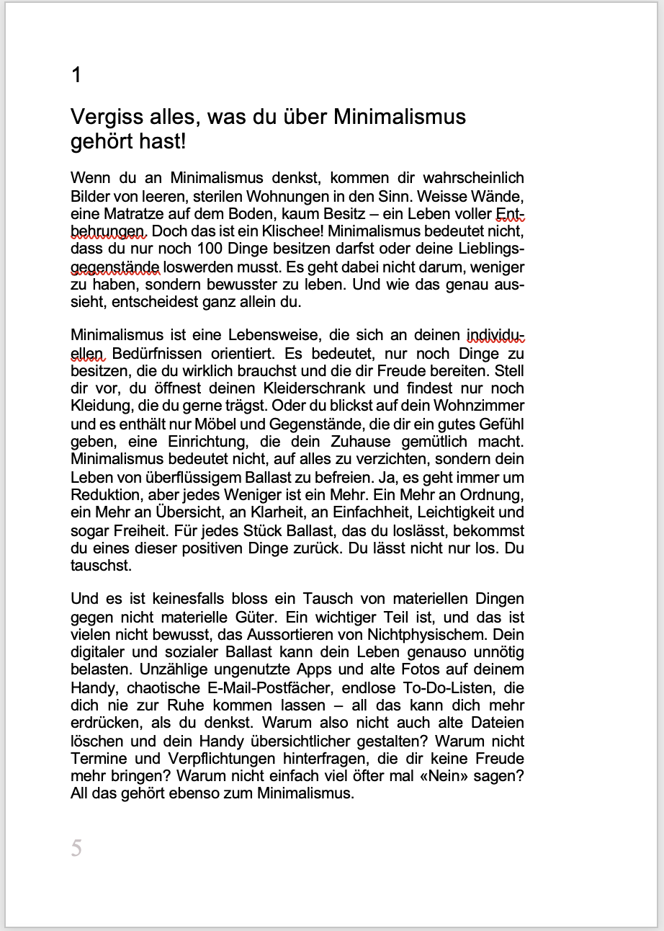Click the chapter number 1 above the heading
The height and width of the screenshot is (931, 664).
76,75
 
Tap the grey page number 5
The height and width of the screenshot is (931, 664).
76,848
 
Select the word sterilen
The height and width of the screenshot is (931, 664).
220,196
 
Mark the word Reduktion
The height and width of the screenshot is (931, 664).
107,495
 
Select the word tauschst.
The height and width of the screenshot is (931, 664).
101,566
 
